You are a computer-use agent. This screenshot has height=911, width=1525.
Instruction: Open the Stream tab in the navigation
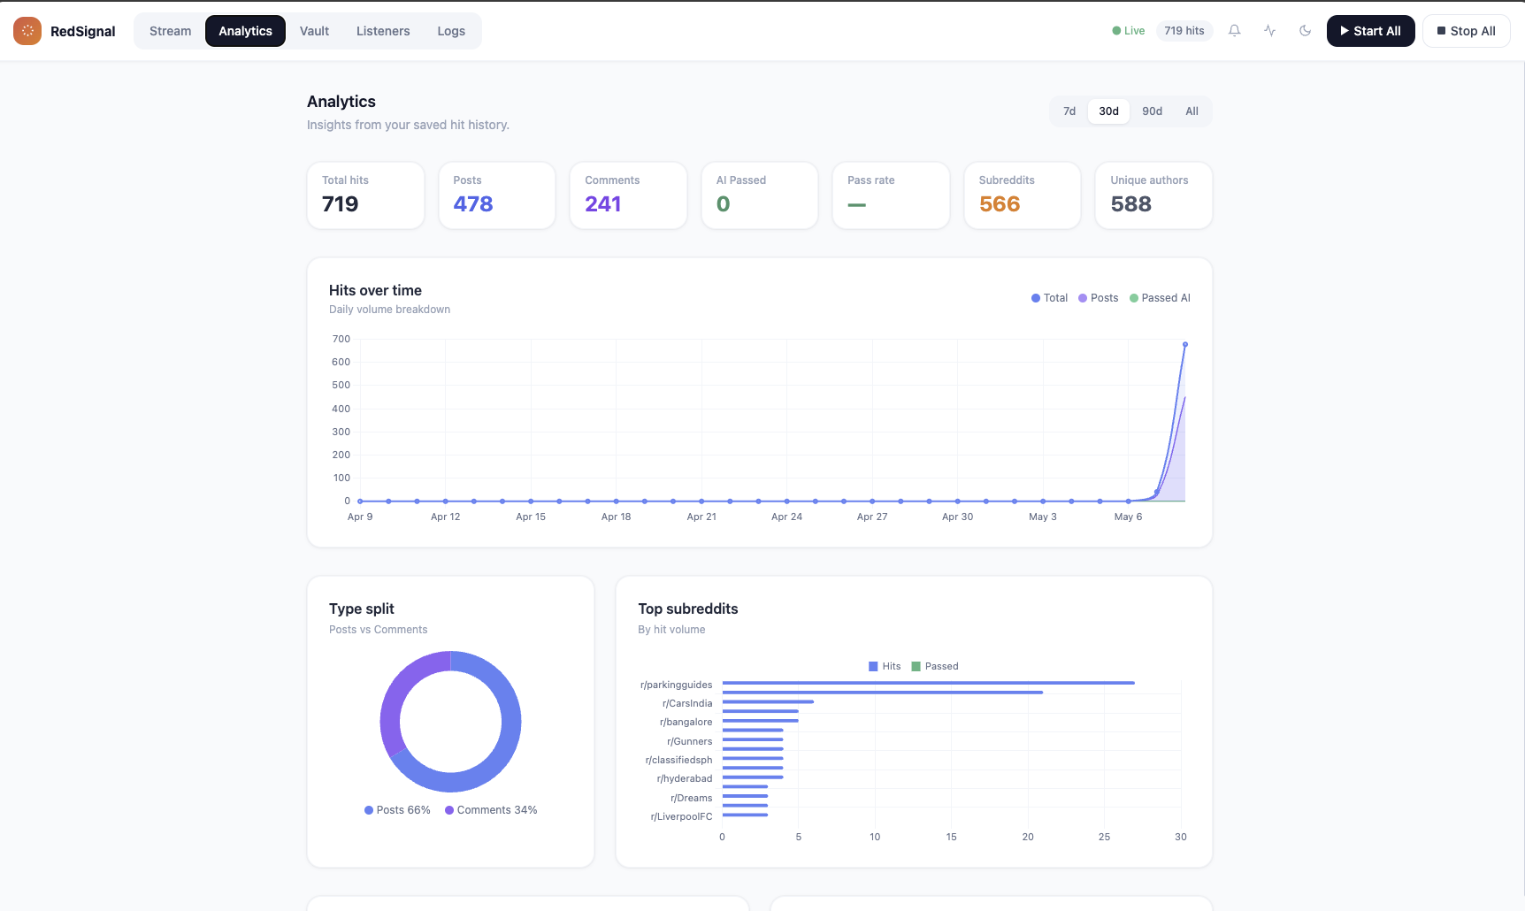[170, 31]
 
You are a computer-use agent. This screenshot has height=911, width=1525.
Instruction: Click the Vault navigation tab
[314, 31]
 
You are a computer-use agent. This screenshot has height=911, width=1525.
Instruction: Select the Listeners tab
[383, 31]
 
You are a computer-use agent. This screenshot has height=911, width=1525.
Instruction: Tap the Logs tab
[451, 31]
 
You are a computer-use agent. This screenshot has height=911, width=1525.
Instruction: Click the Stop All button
[1466, 31]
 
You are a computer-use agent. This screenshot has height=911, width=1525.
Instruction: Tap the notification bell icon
[1234, 31]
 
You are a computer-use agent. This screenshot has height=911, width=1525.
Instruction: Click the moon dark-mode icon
[1305, 31]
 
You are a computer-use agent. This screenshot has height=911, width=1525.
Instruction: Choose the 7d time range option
[1069, 111]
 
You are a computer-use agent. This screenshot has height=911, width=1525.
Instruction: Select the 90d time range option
[1152, 111]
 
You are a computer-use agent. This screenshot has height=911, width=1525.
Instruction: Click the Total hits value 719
[340, 204]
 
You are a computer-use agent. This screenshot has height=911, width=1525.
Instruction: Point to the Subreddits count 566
[1000, 204]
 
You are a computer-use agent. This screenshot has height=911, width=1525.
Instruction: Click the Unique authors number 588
[1130, 204]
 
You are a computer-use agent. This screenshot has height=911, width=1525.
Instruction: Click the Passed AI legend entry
[1160, 298]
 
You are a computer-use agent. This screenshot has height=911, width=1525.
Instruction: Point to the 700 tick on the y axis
[341, 339]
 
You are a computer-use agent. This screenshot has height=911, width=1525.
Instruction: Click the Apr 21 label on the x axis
[701, 517]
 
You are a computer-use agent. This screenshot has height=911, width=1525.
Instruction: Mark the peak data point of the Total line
[1185, 344]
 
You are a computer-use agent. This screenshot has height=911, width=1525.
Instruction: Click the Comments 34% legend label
[491, 810]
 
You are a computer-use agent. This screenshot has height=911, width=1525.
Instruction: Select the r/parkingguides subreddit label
[676, 685]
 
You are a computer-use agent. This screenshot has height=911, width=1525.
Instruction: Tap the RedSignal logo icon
[27, 31]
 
